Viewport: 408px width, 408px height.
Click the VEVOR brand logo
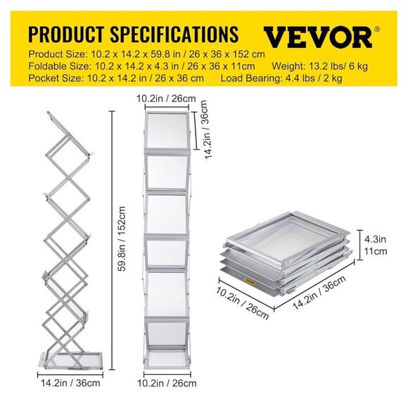click(317, 35)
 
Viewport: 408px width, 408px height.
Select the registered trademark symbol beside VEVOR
click(378, 29)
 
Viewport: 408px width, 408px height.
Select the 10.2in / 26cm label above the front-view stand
click(168, 98)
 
